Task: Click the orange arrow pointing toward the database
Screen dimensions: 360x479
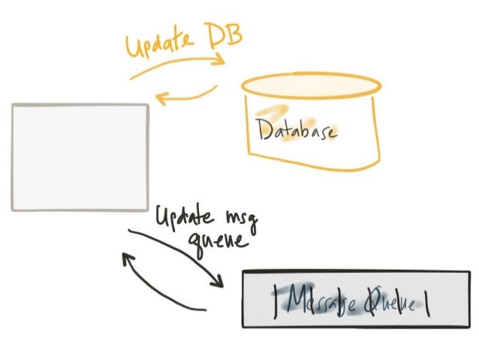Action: pyautogui.click(x=176, y=68)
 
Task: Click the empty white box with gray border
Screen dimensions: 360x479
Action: pyautogui.click(x=80, y=156)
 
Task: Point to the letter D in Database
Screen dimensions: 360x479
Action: pyautogui.click(x=263, y=130)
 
